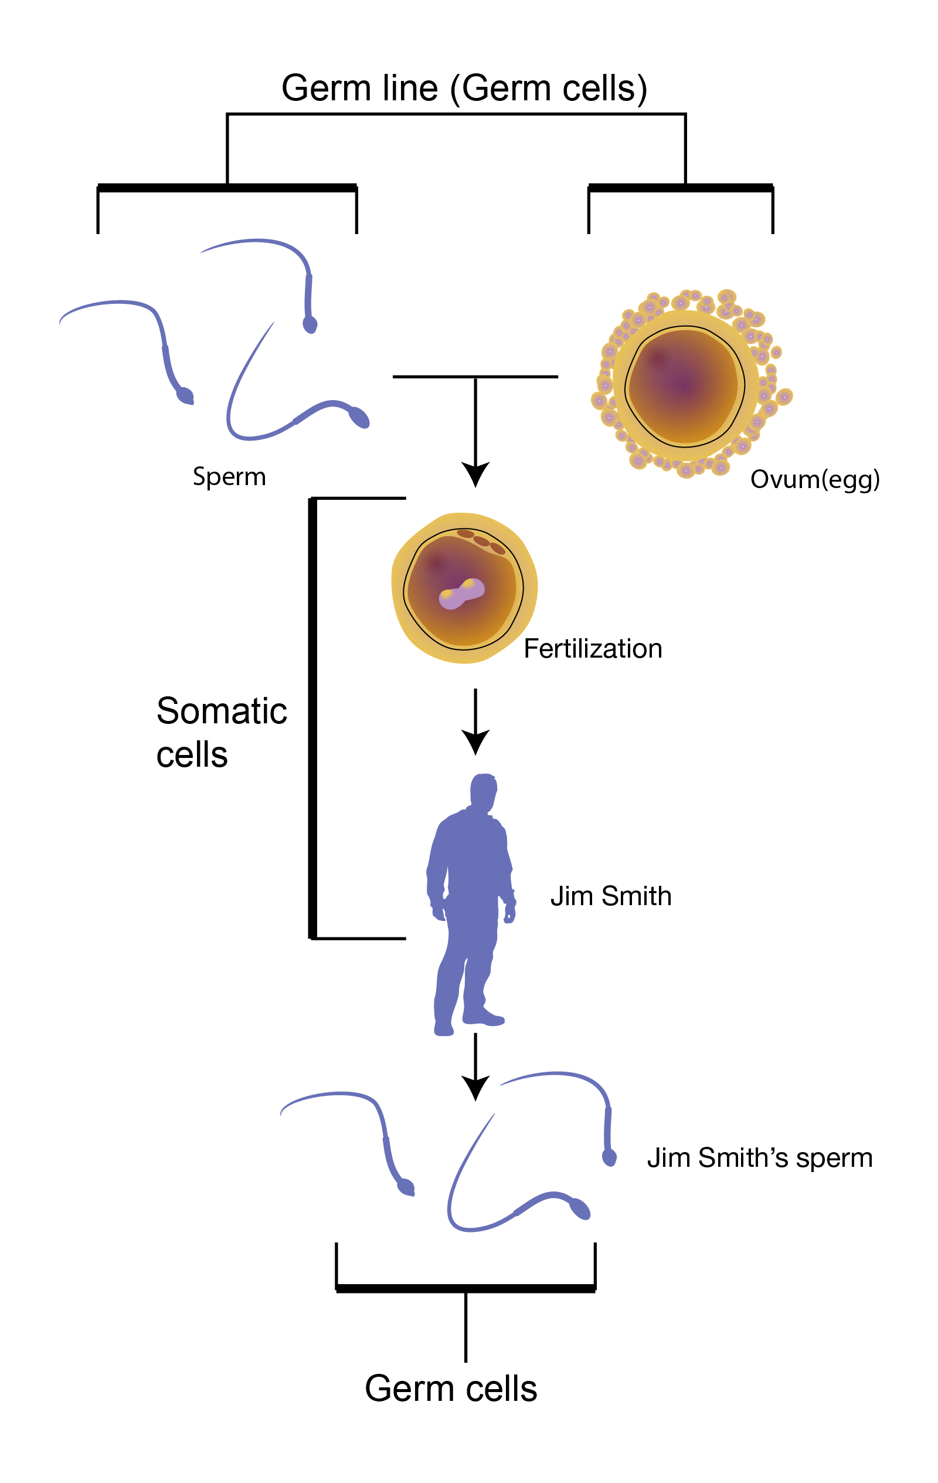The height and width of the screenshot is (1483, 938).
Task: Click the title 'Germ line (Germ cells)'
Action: pyautogui.click(x=464, y=88)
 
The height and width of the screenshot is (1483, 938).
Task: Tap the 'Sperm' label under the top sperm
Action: pyautogui.click(x=229, y=477)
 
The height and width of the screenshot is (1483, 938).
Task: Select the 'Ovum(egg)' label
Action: pyautogui.click(x=814, y=479)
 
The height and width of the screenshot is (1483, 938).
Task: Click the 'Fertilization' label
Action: pyautogui.click(x=592, y=648)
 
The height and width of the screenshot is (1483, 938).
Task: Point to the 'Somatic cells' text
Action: pyautogui.click(x=221, y=732)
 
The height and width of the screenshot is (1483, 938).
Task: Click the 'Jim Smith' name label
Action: pyautogui.click(x=610, y=896)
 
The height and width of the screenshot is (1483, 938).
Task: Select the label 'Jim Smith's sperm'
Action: pyautogui.click(x=759, y=1158)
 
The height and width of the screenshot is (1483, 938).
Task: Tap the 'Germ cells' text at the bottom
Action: pyautogui.click(x=451, y=1388)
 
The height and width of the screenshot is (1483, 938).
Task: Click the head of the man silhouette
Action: pyautogui.click(x=484, y=791)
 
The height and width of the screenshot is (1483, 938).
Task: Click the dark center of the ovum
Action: pyautogui.click(x=683, y=385)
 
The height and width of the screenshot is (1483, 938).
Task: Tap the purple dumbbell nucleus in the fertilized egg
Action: pyautogui.click(x=461, y=593)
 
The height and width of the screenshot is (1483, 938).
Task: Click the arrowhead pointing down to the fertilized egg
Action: pyautogui.click(x=475, y=474)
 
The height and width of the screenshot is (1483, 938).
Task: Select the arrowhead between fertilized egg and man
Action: pyautogui.click(x=475, y=741)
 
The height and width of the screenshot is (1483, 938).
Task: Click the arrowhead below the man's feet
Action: pyautogui.click(x=475, y=1087)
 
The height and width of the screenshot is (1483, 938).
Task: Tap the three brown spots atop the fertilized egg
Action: pyautogui.click(x=481, y=541)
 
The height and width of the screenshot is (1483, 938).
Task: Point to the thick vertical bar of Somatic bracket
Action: pyautogui.click(x=312, y=717)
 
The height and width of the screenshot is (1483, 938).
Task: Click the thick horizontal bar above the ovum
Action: pyautogui.click(x=680, y=188)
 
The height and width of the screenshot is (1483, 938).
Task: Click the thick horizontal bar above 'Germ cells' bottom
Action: pyautogui.click(x=465, y=1288)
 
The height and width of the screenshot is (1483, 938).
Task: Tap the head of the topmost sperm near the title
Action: pyautogui.click(x=310, y=324)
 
